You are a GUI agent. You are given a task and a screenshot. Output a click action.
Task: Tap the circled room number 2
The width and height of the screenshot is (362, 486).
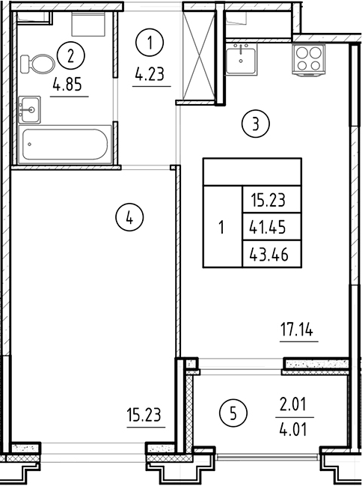pos(71,55)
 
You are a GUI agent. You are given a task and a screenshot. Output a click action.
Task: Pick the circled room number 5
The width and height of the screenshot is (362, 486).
pos(234,412)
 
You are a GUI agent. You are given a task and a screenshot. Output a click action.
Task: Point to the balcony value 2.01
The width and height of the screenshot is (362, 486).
pos(292,404)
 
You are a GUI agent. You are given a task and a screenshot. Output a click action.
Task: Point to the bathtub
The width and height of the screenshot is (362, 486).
pos(66,143)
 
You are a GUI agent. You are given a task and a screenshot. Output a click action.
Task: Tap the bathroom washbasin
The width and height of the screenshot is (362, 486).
pos(30,108)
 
